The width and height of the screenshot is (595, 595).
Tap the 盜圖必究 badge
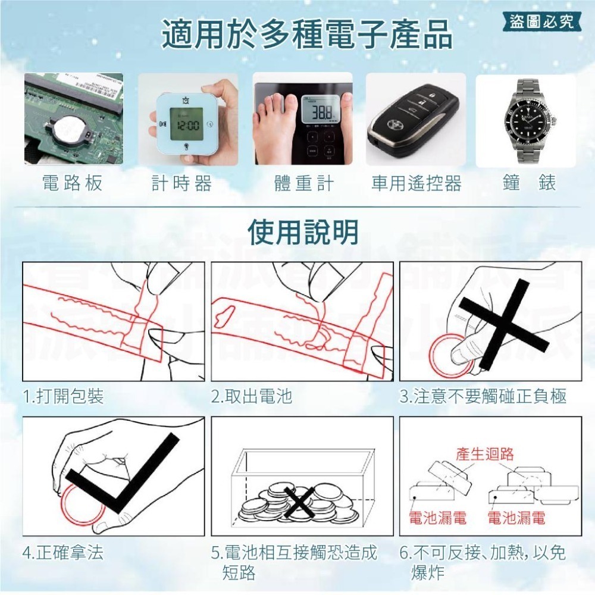[541, 21]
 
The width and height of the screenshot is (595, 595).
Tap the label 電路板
[73, 183]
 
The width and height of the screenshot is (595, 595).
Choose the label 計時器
[181, 183]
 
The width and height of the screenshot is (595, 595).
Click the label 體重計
[304, 183]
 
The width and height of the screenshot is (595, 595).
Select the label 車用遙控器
[416, 183]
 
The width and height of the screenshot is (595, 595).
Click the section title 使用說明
[303, 232]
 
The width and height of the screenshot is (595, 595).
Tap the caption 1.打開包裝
[63, 396]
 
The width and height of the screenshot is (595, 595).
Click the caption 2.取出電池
[252, 396]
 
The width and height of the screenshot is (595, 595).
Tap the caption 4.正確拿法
[63, 553]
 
